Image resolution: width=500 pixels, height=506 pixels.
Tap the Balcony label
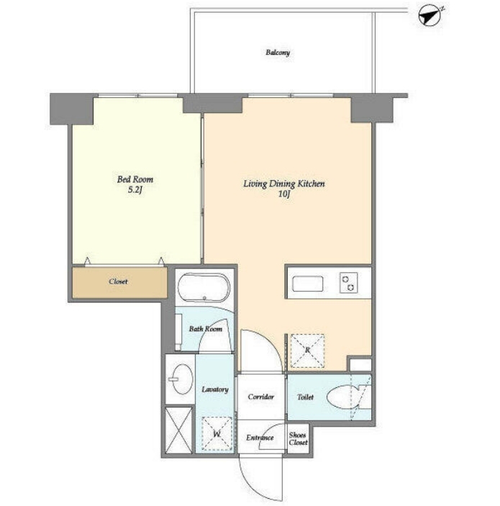point(278,53)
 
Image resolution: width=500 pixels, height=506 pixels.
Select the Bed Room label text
point(135,179)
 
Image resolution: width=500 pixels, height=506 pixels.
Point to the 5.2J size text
point(135,190)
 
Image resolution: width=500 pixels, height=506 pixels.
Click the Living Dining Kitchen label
point(284,184)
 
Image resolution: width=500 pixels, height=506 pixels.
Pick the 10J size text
point(284,194)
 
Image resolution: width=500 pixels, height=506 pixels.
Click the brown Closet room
point(119,282)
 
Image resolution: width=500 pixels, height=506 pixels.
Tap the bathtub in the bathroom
point(204,287)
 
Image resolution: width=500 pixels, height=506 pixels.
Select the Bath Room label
point(206,329)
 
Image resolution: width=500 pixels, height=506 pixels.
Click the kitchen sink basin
point(307,284)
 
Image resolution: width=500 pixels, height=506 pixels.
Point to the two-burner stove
point(349,283)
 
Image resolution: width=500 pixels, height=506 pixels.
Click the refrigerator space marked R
point(307,351)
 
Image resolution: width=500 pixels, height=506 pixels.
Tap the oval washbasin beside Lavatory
point(182,379)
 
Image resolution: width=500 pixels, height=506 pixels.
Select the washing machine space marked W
point(217,434)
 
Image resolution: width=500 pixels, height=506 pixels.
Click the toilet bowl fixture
point(342,397)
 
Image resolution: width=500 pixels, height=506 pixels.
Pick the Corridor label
point(261,397)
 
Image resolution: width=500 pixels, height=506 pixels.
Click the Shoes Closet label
point(298,438)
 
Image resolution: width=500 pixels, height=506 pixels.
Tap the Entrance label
point(260,438)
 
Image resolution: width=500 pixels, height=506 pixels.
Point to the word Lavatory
point(215,389)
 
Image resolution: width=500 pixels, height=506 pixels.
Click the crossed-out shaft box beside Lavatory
point(178,430)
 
